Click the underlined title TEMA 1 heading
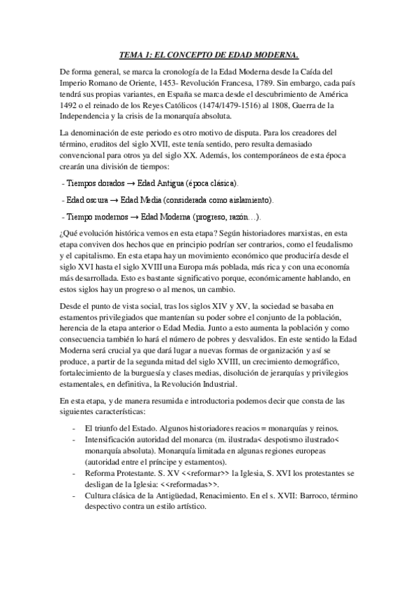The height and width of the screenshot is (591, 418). (209, 55)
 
